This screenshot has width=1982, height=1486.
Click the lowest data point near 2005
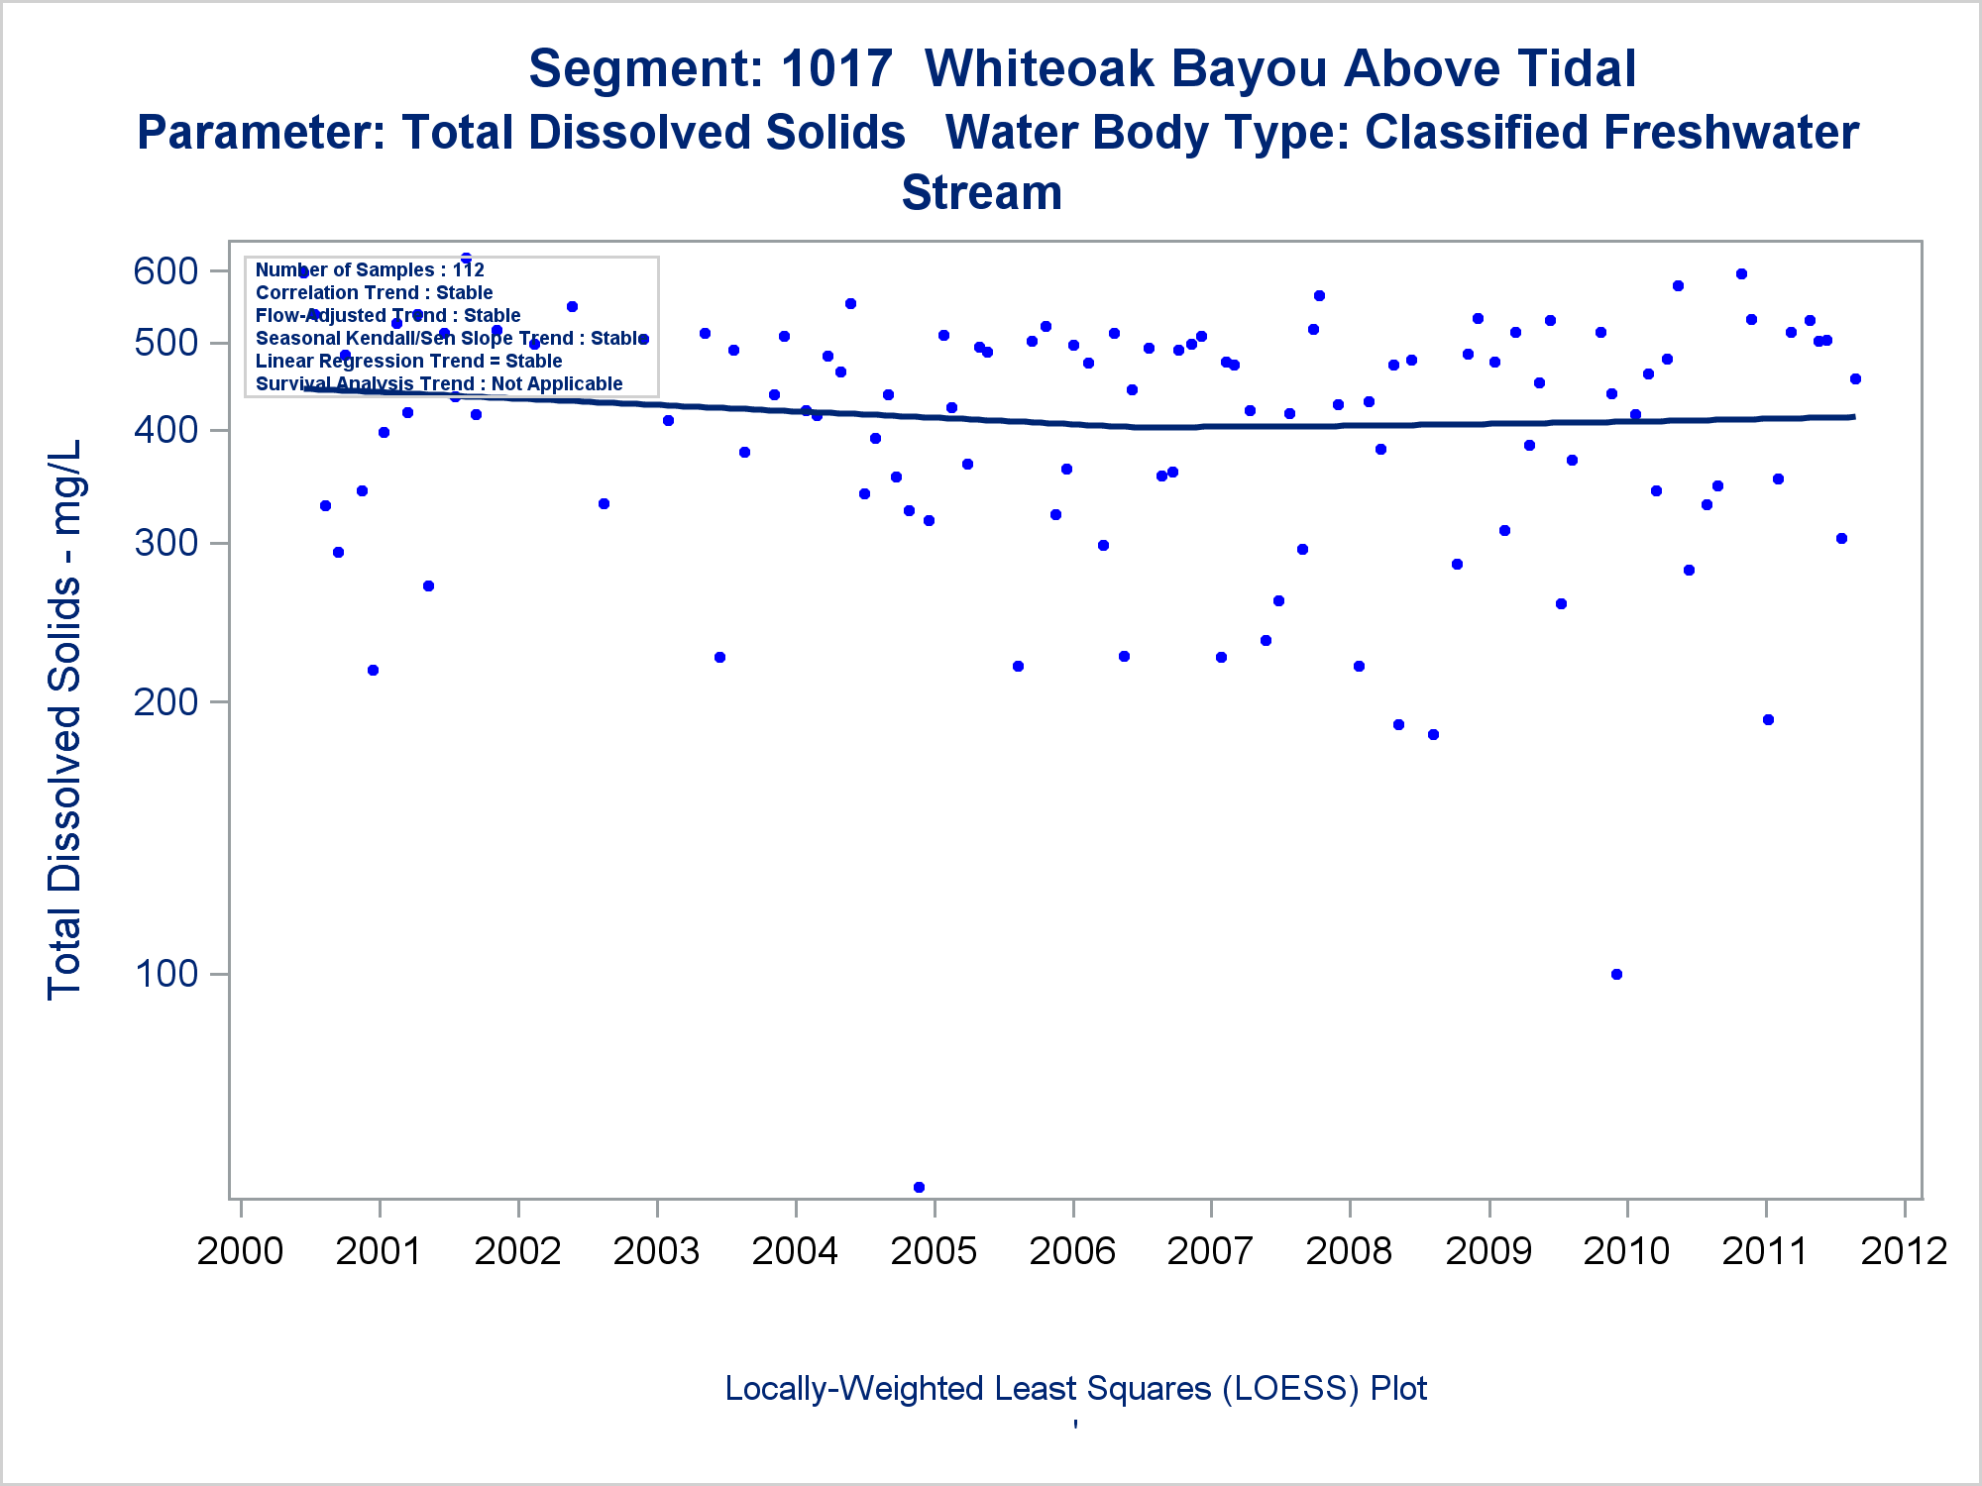[x=919, y=1187]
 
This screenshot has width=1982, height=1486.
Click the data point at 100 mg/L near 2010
[x=1616, y=974]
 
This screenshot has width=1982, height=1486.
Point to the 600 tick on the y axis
[x=165, y=270]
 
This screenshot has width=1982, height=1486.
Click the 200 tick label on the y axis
[x=165, y=701]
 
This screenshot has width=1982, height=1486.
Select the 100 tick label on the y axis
[x=165, y=974]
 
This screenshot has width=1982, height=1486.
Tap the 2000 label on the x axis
[x=240, y=1251]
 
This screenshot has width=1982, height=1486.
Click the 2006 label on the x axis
[x=1072, y=1251]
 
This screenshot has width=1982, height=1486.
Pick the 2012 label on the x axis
[x=1904, y=1251]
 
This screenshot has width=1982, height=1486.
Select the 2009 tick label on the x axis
[x=1488, y=1251]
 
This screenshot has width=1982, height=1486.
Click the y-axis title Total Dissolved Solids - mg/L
[x=65, y=719]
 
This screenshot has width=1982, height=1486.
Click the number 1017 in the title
[x=836, y=69]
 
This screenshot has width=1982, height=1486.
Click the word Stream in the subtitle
[x=981, y=192]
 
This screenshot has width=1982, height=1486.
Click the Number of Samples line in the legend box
[x=370, y=269]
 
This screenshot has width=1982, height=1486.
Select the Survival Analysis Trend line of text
[x=439, y=383]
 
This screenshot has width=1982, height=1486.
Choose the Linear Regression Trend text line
[x=408, y=361]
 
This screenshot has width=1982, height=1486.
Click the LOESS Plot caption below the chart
[x=1075, y=1388]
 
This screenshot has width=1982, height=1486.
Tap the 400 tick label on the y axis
[x=165, y=430]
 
